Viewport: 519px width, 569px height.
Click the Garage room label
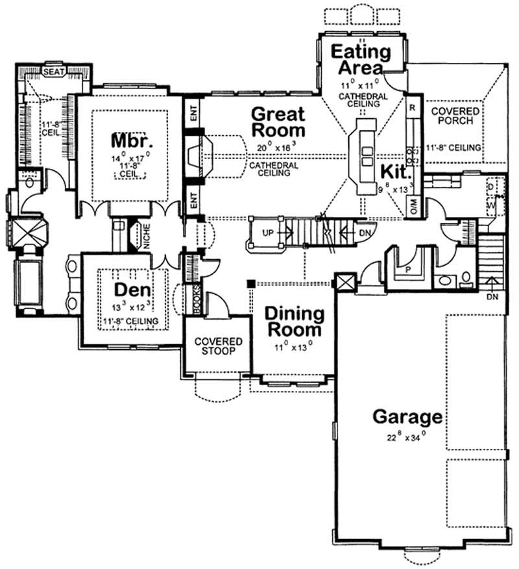pyautogui.click(x=407, y=416)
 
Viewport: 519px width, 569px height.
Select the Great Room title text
pyautogui.click(x=278, y=122)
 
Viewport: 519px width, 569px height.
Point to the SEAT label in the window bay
pyautogui.click(x=53, y=72)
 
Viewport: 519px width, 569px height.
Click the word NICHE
pyautogui.click(x=147, y=237)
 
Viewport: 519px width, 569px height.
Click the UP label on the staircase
pyautogui.click(x=267, y=232)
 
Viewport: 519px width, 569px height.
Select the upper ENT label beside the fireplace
pyautogui.click(x=193, y=116)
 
